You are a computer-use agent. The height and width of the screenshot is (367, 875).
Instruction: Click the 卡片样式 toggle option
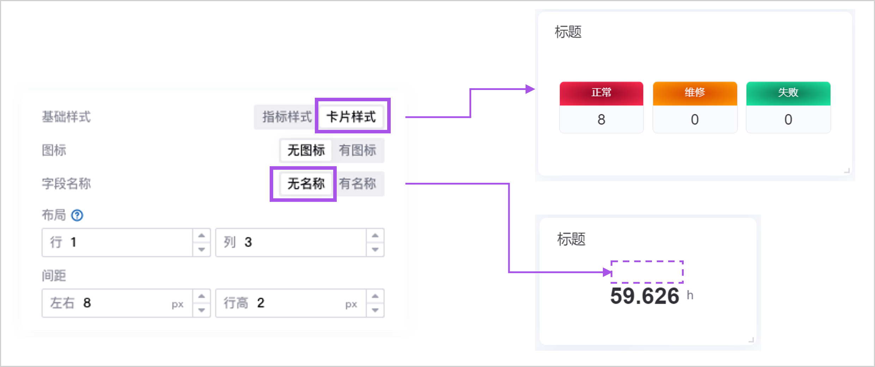351,117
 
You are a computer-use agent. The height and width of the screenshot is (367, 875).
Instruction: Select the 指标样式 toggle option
287,117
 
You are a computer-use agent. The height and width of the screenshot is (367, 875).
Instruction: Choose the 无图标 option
306,150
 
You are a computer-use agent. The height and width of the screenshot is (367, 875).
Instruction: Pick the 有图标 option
358,150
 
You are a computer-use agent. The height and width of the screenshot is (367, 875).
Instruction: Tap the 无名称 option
306,183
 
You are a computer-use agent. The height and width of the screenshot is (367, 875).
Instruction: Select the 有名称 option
358,183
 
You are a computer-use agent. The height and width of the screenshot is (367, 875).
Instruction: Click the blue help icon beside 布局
77,215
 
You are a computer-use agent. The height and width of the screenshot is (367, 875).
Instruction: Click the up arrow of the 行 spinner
202,235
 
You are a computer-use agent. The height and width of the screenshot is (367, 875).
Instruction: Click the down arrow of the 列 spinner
375,249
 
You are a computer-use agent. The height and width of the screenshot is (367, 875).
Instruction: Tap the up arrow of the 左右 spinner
202,296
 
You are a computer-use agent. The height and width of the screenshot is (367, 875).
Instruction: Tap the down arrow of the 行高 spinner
375,310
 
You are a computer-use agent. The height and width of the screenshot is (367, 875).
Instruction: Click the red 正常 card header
601,93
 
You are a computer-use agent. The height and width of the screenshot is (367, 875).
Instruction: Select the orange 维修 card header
695,93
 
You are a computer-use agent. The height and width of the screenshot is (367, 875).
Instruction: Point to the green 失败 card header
788,93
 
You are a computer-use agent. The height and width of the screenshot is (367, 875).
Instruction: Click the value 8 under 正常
601,120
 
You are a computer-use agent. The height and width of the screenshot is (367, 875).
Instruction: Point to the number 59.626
645,296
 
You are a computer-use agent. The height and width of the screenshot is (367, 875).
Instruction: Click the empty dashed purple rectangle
647,272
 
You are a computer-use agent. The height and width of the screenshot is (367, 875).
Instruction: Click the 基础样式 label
66,117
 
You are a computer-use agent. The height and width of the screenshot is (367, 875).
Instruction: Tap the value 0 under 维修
695,120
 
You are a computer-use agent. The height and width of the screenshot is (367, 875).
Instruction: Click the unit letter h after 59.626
690,295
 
